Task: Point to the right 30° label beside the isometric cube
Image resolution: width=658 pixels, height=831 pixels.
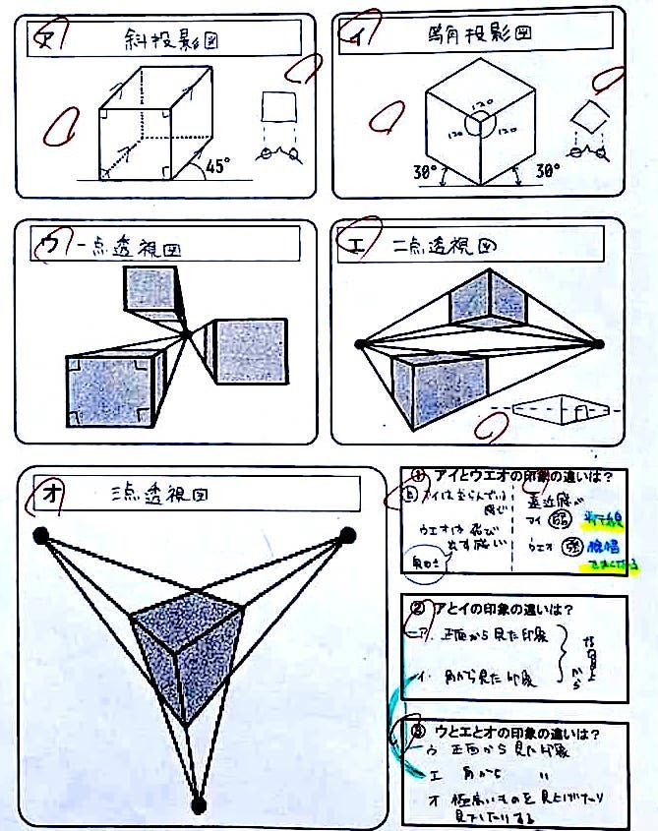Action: [x=547, y=170]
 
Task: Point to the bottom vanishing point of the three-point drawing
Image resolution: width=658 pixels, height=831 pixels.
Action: [x=199, y=805]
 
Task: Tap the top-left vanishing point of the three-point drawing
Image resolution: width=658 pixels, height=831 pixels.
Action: [x=40, y=535]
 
